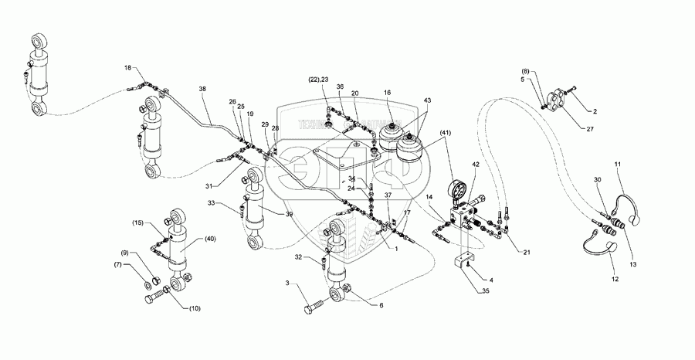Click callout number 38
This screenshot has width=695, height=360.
202,90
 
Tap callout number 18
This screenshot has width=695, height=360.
128,69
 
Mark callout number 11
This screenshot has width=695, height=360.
617,165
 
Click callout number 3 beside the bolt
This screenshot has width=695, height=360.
287,285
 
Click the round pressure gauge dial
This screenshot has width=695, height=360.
459,190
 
